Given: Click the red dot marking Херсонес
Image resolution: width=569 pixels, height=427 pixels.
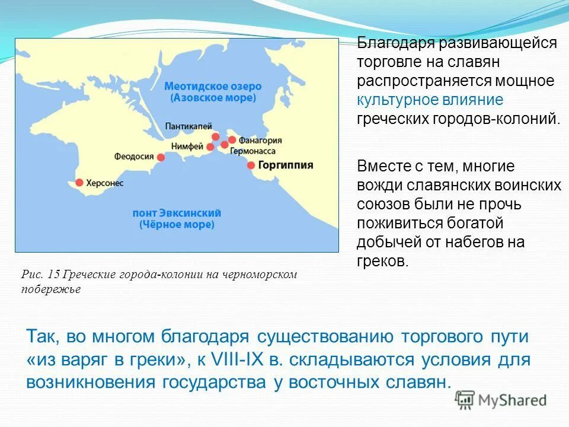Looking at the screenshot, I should click(79, 183).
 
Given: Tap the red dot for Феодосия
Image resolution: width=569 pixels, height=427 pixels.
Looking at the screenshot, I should click(161, 157).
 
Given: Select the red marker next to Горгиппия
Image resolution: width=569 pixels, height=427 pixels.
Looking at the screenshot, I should click(251, 165).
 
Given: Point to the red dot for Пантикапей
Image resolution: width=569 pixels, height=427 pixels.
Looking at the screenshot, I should click(215, 136).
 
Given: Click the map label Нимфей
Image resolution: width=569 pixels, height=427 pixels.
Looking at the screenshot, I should click(187, 146).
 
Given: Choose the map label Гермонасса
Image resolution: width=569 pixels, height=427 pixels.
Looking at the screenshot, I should click(254, 151).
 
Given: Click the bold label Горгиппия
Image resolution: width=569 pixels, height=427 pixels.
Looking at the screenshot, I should click(286, 165).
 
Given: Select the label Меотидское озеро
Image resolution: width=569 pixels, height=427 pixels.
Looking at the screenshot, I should click(213, 87).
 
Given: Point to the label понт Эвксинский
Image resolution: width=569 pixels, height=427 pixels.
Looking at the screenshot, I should click(177, 213).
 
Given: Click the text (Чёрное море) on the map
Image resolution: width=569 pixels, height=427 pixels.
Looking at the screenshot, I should click(177, 225).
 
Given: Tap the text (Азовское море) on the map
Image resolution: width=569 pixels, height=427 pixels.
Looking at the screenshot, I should click(213, 98).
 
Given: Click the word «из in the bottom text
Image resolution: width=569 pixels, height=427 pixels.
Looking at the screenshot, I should click(39, 360).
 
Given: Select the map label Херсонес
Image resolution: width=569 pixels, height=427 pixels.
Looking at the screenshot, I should click(104, 183).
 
